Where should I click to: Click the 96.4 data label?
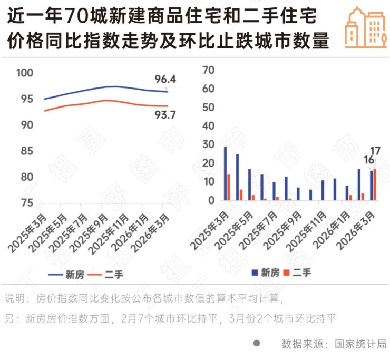pos(165,80)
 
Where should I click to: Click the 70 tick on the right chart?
pos(209,70)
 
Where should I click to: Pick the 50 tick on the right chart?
pos(209,108)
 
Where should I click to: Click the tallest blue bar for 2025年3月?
pos(226,173)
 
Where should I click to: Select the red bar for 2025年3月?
pos(229,187)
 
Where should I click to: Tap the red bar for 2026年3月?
pos(375,184)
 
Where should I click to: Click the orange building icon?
pos(365,27)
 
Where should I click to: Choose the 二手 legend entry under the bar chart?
pos(301,273)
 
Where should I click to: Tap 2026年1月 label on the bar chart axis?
pos(332,230)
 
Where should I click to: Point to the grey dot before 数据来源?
pos(257,343)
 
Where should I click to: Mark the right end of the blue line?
pos(168,92)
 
